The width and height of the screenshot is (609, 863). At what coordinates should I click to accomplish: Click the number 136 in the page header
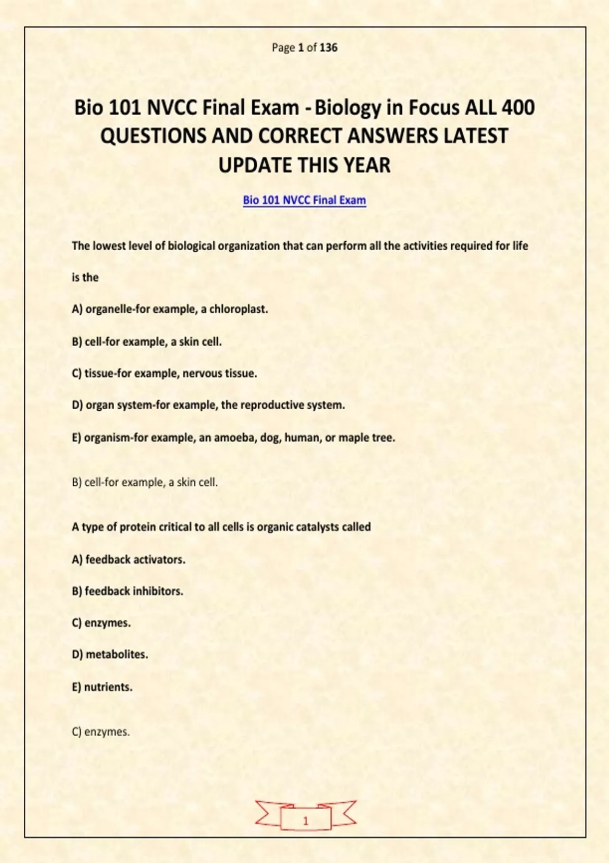point(328,48)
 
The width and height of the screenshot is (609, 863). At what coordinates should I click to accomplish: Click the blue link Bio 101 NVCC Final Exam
point(304,200)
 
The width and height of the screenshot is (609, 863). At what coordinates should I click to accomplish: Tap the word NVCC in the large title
point(172,108)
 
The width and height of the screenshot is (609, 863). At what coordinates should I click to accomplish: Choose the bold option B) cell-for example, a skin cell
point(147,342)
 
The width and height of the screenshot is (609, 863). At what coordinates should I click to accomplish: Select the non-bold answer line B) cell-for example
point(145,482)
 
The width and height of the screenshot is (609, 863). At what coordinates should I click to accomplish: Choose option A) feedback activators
point(128,559)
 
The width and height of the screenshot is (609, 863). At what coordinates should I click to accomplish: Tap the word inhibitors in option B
point(157,591)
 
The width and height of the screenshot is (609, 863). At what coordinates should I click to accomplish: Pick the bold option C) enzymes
point(101,623)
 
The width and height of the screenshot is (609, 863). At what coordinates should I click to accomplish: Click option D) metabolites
point(110,655)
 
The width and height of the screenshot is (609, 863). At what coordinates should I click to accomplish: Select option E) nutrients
point(102,687)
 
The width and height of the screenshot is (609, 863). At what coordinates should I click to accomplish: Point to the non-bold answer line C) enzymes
point(101,732)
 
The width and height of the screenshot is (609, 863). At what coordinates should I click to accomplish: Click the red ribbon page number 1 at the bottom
point(306,821)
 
